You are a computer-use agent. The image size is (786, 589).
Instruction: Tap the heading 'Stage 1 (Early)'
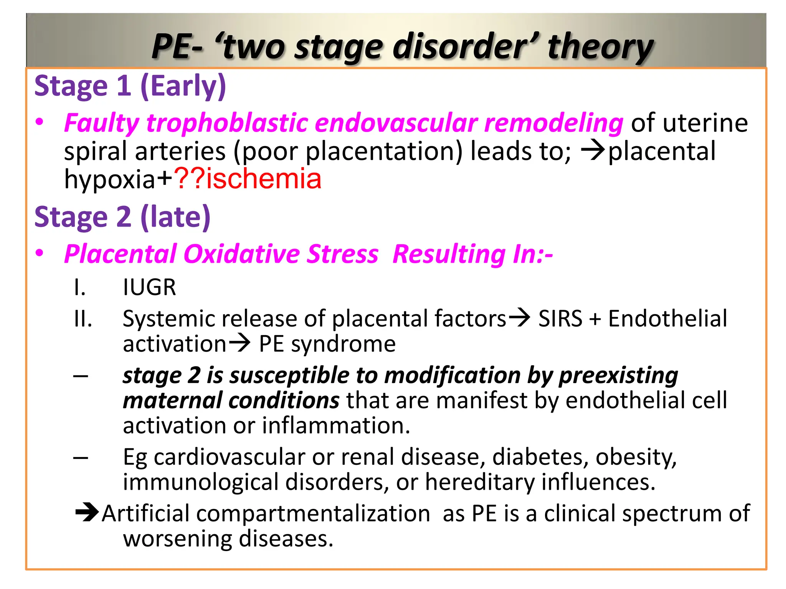[130, 86]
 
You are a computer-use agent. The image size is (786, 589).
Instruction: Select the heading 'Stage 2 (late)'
[122, 217]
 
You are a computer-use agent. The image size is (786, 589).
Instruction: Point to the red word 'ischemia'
[264, 179]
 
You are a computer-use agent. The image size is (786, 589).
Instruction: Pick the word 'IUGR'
[149, 287]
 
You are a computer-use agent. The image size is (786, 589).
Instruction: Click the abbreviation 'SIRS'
[560, 319]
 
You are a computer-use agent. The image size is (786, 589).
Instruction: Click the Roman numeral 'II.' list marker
[83, 319]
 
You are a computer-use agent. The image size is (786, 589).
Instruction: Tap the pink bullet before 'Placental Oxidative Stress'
[40, 254]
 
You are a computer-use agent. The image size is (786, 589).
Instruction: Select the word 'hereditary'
[480, 482]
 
